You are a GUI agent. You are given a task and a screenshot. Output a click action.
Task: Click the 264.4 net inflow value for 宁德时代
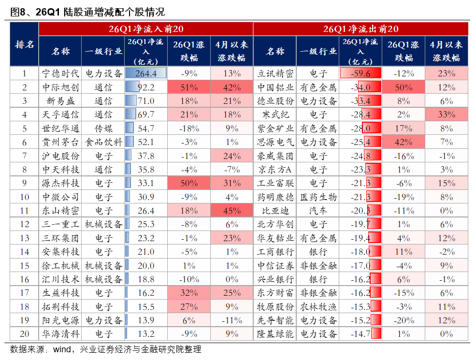point(146,73)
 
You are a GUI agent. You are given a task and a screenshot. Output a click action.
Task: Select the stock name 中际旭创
point(60,87)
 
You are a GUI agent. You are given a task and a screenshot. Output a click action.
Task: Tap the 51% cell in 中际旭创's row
point(189,87)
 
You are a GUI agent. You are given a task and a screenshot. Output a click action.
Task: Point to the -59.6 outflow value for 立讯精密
point(361,73)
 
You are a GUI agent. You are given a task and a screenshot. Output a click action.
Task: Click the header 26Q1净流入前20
point(145,29)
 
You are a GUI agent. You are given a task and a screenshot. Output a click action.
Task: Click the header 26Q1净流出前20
point(361,29)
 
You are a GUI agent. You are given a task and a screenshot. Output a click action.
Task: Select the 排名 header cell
point(25,44)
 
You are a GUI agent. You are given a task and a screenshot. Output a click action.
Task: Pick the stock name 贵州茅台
point(60,142)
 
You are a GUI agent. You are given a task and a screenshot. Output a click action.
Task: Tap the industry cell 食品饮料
point(103,142)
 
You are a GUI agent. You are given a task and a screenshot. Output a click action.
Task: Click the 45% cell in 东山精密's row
point(232,211)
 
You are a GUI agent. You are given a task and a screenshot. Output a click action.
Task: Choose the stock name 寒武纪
point(275,115)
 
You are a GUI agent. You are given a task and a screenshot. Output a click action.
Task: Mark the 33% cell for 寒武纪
point(447,115)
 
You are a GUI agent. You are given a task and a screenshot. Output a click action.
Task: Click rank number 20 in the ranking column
point(25,334)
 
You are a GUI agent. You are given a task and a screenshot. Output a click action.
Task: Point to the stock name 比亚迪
point(275,211)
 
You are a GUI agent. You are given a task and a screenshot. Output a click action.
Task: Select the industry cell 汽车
point(318,211)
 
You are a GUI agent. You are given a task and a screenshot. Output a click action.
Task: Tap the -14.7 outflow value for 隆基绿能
point(361,334)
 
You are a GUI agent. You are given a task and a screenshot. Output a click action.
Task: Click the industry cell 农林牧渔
point(318,307)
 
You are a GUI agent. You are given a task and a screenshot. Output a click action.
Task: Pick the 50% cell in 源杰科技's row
point(189,183)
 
